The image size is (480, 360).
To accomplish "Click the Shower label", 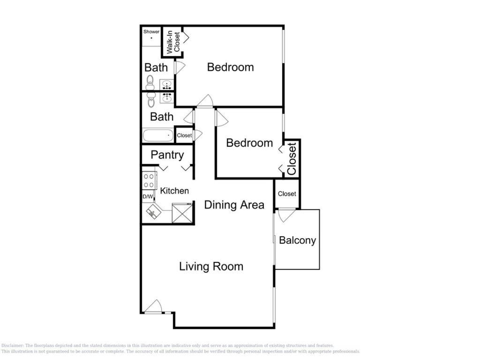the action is (151, 31).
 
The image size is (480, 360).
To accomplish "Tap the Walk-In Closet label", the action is (173, 42).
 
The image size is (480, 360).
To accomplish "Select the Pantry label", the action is (167, 155).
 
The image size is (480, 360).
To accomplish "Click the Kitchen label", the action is (174, 191).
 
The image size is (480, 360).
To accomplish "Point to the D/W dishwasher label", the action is (148, 196).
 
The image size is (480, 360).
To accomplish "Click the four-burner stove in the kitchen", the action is (149, 180).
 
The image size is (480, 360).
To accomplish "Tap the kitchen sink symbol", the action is (154, 212).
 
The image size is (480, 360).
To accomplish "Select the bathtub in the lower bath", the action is (157, 135).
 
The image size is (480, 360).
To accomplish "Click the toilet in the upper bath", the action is (150, 82).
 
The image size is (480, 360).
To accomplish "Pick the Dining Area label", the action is (234, 205).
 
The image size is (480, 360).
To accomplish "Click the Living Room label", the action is (211, 266).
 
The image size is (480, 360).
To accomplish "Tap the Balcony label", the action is (297, 240).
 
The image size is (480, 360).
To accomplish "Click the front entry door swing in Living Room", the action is (153, 307).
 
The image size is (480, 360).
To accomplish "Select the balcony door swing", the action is (286, 215).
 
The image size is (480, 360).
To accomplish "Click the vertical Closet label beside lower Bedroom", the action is (292, 158).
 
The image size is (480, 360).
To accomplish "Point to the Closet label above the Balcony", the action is (287, 194).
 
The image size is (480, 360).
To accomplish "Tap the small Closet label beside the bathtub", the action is (184, 135).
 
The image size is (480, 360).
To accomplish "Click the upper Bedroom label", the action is (231, 67).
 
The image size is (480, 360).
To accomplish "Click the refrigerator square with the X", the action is (182, 213).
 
